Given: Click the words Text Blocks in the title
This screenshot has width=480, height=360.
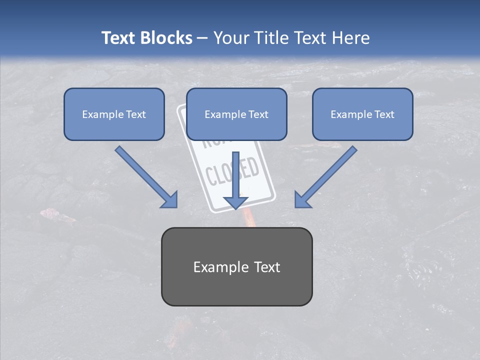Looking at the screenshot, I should [x=146, y=38].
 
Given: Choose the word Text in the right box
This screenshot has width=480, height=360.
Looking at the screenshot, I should [x=384, y=114].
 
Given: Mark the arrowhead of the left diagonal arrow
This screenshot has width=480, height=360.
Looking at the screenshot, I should [x=170, y=200].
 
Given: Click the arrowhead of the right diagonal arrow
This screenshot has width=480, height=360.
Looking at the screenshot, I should [x=302, y=200].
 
